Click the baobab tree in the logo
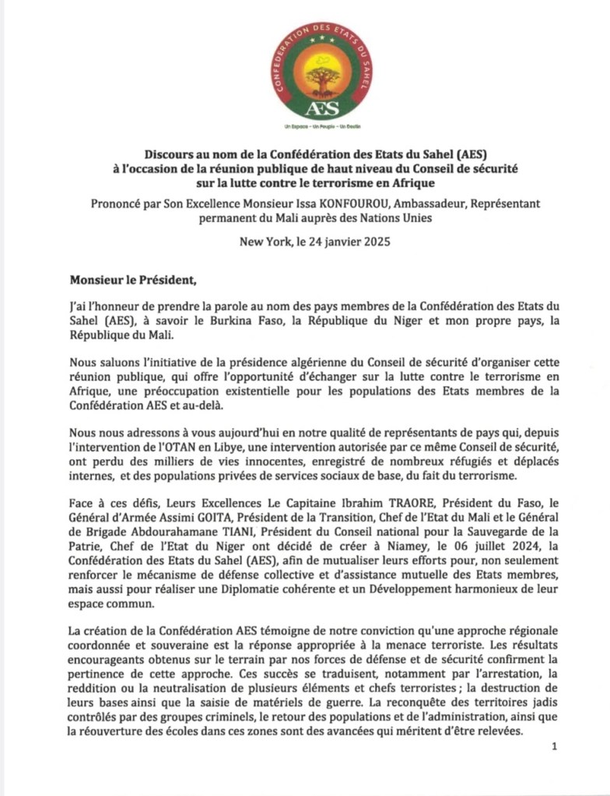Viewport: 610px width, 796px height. (323, 78)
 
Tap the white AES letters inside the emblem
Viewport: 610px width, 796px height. (323, 107)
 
